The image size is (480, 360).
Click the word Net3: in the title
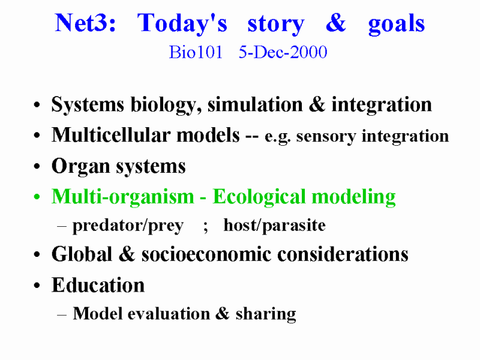coord(85,23)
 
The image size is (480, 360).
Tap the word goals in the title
coord(397,25)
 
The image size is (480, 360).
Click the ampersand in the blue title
coord(336,23)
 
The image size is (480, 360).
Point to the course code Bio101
coord(196,52)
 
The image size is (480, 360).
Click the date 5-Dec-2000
coord(283,52)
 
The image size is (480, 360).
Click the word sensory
coord(326,137)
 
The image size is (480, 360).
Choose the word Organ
coord(80,167)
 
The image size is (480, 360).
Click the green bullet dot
coord(37,197)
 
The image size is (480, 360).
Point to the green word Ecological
coord(259,197)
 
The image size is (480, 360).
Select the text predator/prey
coord(128,226)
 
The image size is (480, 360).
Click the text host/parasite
coord(275,226)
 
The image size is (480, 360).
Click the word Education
coord(98,285)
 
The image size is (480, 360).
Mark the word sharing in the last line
coord(266,314)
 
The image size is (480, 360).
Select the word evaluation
coord(169,314)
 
